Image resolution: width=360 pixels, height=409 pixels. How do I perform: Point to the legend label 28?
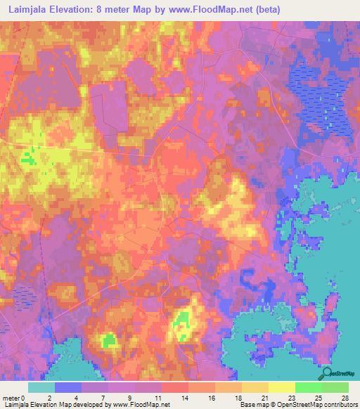(344, 397)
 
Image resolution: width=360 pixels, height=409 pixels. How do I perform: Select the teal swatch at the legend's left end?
(41, 387)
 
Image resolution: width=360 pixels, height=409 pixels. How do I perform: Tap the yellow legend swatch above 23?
(281, 387)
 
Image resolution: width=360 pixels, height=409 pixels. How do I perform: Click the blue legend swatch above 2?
(67, 387)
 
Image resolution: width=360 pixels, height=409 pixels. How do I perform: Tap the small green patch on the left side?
(28, 158)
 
